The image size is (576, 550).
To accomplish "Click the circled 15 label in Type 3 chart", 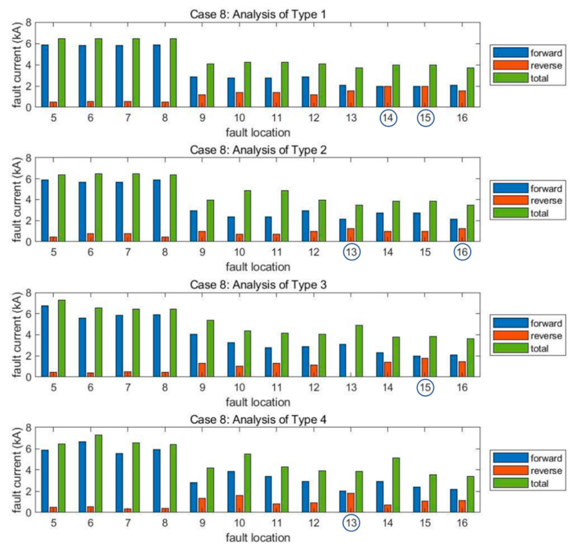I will tap(425, 388).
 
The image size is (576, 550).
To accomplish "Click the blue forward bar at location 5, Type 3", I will tap(45, 342).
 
